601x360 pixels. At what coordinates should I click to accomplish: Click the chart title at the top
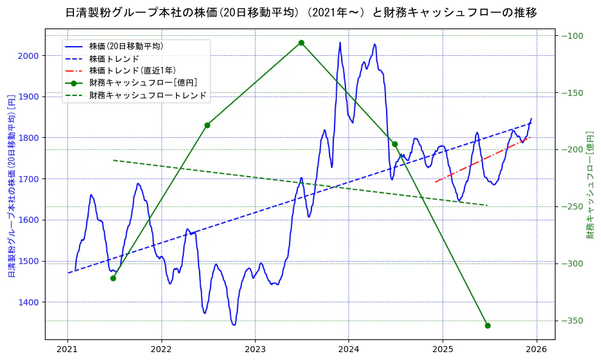(x=300, y=12)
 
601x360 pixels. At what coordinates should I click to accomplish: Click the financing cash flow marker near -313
(x=113, y=278)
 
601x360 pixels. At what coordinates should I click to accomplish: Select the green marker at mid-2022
(x=207, y=125)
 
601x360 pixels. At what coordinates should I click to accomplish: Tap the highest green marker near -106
(x=301, y=42)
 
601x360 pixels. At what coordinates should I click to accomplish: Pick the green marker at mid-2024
(x=395, y=144)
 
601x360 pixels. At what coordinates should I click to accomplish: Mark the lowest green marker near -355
(x=487, y=325)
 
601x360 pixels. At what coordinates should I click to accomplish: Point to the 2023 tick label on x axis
(x=255, y=350)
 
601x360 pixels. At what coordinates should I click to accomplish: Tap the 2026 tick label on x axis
(x=537, y=350)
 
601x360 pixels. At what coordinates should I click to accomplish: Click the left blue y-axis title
(x=11, y=186)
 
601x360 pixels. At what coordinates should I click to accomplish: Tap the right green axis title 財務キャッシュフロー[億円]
(x=590, y=186)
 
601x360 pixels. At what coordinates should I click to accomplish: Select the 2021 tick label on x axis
(x=67, y=350)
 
